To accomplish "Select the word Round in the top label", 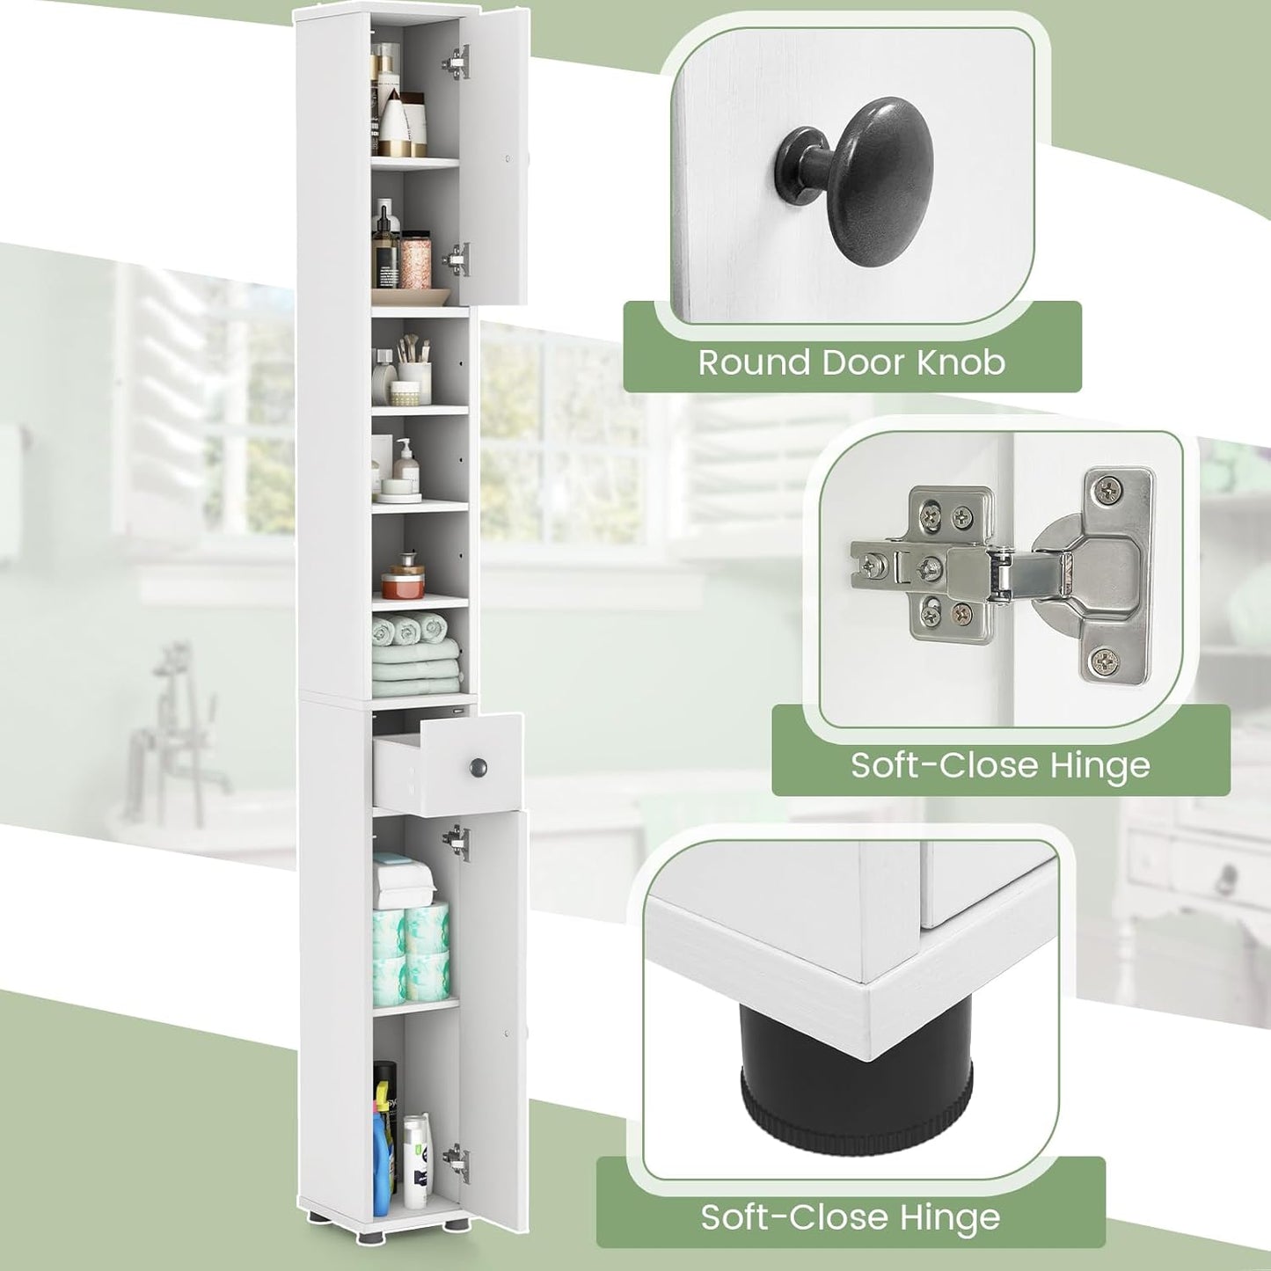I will pyautogui.click(x=752, y=362).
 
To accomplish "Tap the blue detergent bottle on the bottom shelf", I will pyautogui.click(x=383, y=1158).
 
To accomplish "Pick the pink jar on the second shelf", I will pyautogui.click(x=414, y=260).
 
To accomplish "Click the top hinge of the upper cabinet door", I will pyautogui.click(x=455, y=60).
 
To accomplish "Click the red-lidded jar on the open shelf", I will pyautogui.click(x=403, y=579).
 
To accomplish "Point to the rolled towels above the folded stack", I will pyautogui.click(x=408, y=628).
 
